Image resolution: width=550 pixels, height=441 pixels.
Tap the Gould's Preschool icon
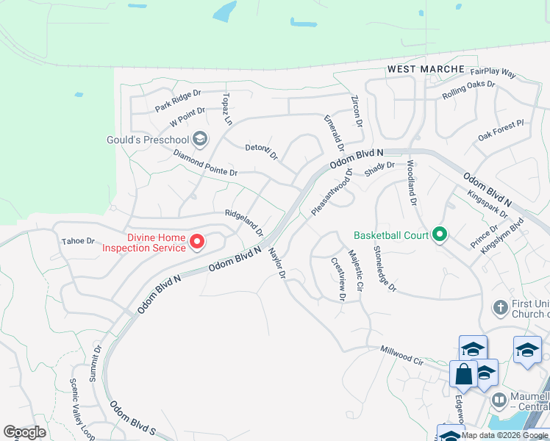point(199,140)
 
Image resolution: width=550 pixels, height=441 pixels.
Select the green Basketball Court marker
point(440,235)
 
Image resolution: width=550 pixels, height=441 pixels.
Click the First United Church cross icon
point(501,307)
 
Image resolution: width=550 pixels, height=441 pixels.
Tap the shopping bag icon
point(464,375)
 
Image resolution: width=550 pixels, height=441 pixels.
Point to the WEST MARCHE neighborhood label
point(426,69)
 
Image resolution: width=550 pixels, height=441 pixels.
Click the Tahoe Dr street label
point(79,241)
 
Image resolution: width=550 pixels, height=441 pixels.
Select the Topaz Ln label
point(227,109)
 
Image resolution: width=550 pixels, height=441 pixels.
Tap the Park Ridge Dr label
point(178,101)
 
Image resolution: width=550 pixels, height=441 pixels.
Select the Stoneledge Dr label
point(384,270)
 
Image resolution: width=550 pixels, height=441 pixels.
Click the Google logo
point(25,432)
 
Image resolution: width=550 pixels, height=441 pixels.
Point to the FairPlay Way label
point(493,73)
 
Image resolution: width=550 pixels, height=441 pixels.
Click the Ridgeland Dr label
point(243,221)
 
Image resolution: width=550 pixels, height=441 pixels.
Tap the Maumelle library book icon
point(499,401)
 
